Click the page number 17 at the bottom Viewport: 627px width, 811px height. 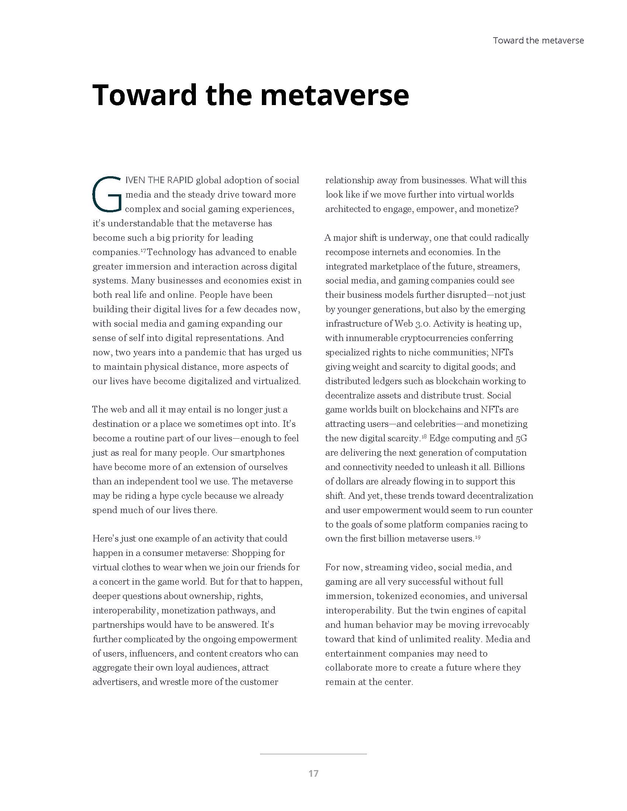(x=313, y=773)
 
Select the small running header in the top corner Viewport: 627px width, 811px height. (x=538, y=41)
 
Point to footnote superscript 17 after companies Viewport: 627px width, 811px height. (x=143, y=250)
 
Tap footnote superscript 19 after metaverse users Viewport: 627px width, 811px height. (x=478, y=536)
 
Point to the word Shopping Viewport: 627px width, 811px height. (x=250, y=553)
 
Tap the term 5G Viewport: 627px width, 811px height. (x=521, y=438)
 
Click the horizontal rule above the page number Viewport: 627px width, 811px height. (x=313, y=754)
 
